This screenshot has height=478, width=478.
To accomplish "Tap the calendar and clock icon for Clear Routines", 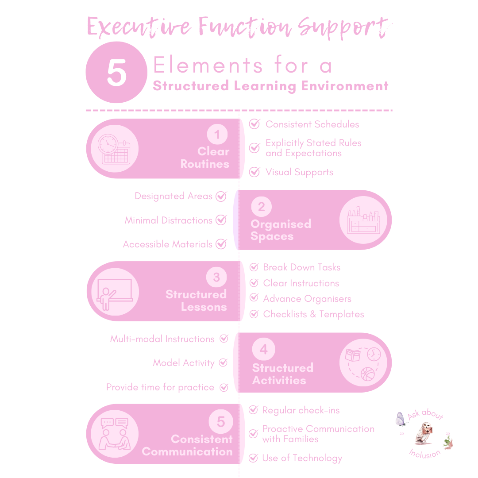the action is point(112,149).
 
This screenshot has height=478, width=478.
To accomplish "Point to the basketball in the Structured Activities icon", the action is point(367,374).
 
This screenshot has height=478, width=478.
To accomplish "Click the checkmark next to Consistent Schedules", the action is point(254,124).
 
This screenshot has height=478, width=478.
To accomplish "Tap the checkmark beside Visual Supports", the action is point(254,172).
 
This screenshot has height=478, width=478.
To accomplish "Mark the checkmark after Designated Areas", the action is point(221,196).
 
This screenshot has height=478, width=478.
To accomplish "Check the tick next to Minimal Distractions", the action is point(221,220).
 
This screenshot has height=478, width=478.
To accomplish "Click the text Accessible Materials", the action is point(168,244).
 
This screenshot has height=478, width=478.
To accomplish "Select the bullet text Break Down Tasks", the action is point(301,267).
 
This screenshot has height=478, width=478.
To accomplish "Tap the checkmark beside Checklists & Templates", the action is point(254,314).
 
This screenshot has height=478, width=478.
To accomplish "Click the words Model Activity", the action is point(184,363).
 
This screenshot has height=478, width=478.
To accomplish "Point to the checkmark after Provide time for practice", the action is point(224,387).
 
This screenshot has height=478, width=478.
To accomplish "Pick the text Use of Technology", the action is point(302,458).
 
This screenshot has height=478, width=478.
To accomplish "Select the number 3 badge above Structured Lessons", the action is point(216,278).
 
